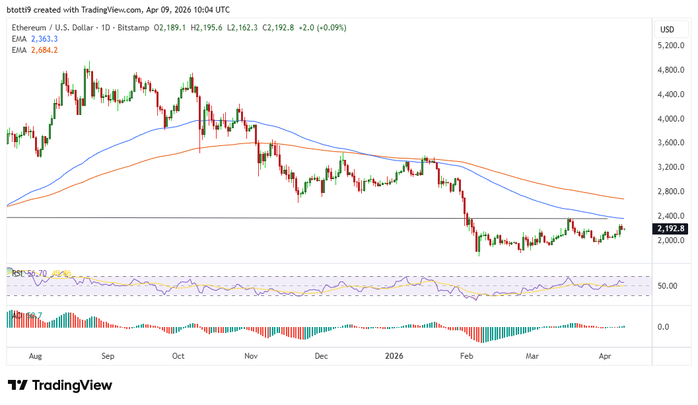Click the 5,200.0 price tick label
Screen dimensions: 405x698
(670, 46)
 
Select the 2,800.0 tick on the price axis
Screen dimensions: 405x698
(670, 192)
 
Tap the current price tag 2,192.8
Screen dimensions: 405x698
(672, 229)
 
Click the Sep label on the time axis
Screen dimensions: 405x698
(108, 355)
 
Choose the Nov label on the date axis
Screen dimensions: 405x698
(250, 355)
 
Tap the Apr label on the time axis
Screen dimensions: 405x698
(604, 355)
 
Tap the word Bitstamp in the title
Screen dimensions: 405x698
(133, 28)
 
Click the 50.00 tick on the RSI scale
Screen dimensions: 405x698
(669, 286)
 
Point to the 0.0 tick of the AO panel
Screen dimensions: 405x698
(663, 327)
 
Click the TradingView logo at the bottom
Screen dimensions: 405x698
(59, 385)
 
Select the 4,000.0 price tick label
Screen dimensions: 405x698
(670, 119)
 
